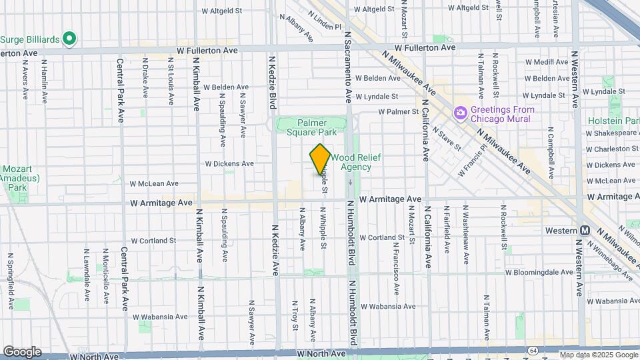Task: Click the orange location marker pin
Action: [320, 159]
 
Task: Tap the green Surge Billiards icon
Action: [69, 39]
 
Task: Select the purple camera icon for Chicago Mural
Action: [460, 113]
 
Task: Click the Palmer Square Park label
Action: [312, 127]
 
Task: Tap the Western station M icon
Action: [585, 230]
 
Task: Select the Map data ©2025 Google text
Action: [597, 355]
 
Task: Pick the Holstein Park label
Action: [613, 121]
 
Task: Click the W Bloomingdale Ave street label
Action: [539, 272]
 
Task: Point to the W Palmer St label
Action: [397, 111]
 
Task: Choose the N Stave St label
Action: [446, 139]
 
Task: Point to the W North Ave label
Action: [323, 353]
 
